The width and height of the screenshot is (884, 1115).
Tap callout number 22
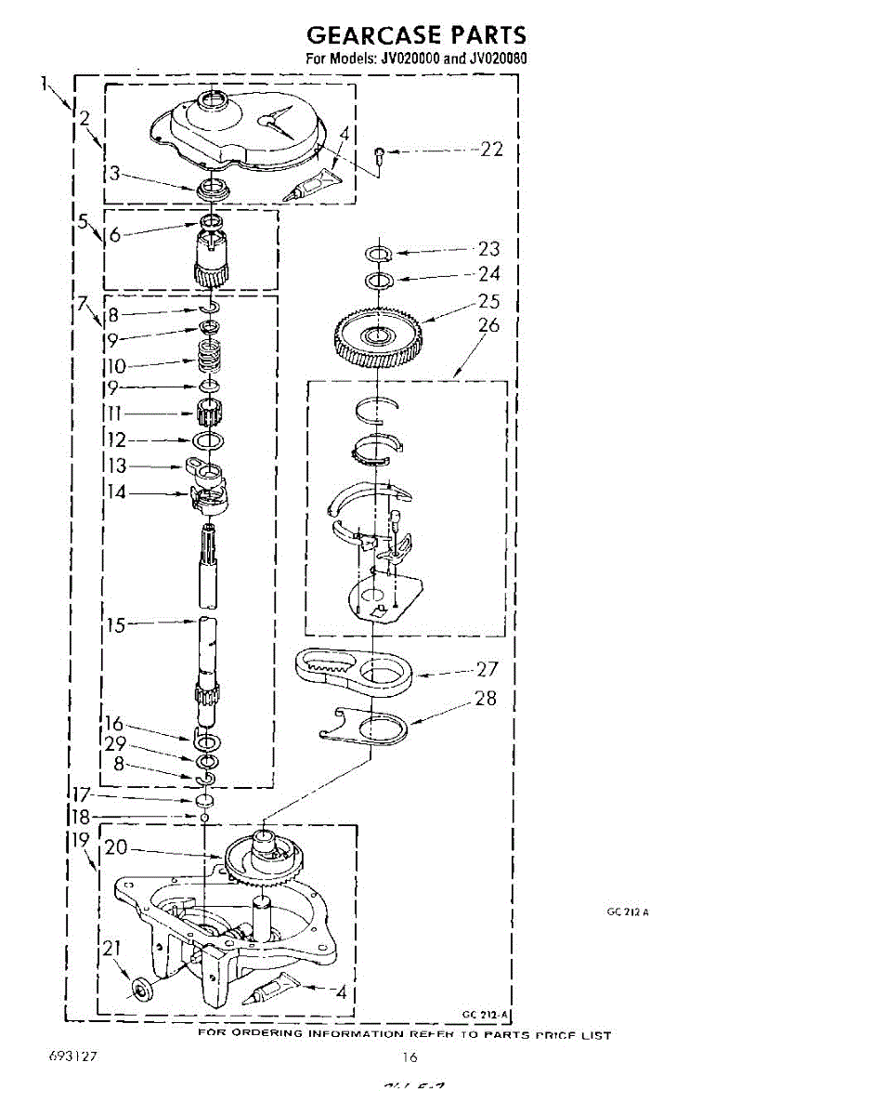(x=491, y=149)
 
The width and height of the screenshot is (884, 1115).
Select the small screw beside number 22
(x=380, y=153)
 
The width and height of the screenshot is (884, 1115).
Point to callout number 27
(x=487, y=669)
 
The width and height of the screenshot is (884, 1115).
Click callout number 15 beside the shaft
(x=115, y=625)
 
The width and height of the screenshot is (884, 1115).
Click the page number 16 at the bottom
(x=410, y=1056)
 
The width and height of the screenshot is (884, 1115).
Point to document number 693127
(x=74, y=1057)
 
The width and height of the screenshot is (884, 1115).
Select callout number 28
(x=486, y=699)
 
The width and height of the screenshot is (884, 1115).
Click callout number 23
(x=488, y=249)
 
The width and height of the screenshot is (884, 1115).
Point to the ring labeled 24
(x=379, y=280)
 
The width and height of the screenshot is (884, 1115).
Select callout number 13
(x=117, y=466)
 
